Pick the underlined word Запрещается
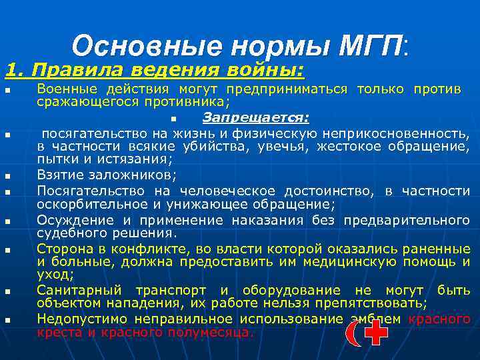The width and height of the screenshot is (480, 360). click(x=255, y=117)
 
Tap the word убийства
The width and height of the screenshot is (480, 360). click(x=207, y=146)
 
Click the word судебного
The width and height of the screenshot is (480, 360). click(x=68, y=233)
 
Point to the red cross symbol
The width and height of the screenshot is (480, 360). click(x=376, y=331)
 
